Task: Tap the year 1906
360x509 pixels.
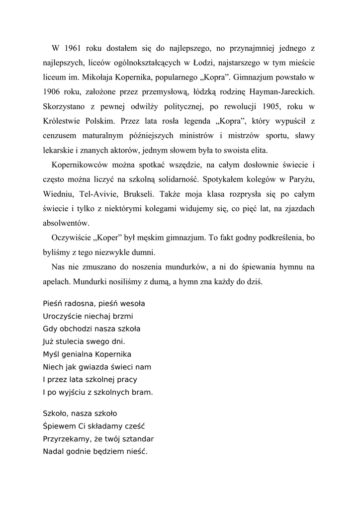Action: [53, 92]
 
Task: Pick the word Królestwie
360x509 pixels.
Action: [62, 121]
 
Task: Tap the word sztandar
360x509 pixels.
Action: [137, 439]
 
